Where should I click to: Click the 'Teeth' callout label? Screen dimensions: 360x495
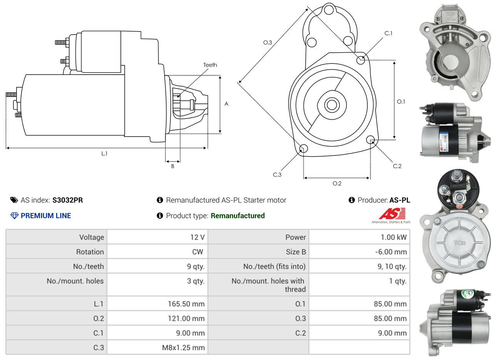[x=210, y=65]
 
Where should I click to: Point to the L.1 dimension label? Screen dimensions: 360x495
[x=105, y=153]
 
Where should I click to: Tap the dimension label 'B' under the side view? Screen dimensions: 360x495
[x=173, y=167]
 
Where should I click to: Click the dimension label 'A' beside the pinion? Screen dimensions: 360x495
[x=227, y=104]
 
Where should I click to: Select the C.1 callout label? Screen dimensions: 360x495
[x=388, y=33]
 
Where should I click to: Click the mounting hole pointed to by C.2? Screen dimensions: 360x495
[x=370, y=139]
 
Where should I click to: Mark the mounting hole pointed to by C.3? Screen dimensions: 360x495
[x=303, y=149]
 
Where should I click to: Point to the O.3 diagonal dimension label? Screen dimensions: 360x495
[x=268, y=43]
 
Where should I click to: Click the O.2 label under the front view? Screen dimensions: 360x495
[x=337, y=183]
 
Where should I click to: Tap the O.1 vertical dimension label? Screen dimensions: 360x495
[x=401, y=102]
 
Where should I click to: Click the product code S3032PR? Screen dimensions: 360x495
[x=68, y=200]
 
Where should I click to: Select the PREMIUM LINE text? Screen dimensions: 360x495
[x=46, y=216]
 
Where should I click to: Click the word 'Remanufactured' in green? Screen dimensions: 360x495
[x=238, y=216]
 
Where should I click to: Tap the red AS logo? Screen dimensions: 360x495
[x=392, y=213]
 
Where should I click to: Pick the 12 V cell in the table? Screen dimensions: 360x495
[x=197, y=237]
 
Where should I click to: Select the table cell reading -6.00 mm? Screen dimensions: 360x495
[x=391, y=252]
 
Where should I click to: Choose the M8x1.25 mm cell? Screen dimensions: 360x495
[x=183, y=348]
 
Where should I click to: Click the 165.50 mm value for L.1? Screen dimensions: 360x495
[x=186, y=304]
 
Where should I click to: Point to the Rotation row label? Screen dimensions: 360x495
[x=90, y=252]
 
